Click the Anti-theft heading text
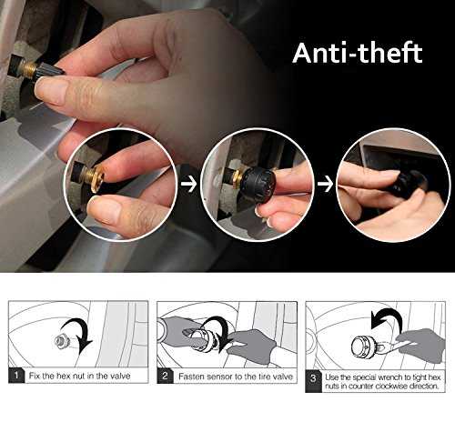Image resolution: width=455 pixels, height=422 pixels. tap(358, 53)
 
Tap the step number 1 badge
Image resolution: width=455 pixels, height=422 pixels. tap(16, 376)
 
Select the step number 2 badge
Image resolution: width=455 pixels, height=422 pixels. tap(165, 376)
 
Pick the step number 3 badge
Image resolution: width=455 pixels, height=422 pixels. tap(313, 381)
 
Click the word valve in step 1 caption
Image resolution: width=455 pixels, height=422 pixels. tap(120, 376)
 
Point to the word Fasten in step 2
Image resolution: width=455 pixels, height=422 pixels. tap(190, 377)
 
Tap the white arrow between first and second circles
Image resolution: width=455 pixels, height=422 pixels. tap(188, 185)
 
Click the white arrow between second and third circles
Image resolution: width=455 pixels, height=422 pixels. tap(325, 185)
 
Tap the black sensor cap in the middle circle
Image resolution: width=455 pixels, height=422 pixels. tap(259, 185)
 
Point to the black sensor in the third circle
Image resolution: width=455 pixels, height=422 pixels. tap(403, 184)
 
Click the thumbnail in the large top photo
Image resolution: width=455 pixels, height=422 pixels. tap(51, 91)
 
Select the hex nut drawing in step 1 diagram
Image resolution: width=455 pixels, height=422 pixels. tap(62, 342)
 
